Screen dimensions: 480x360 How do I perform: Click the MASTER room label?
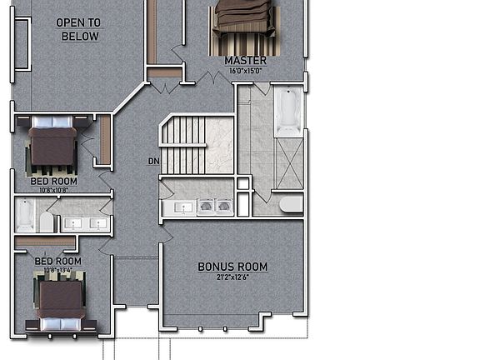[246, 61]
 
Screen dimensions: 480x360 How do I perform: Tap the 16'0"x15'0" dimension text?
[246, 71]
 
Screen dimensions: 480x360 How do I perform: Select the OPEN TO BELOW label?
[79, 29]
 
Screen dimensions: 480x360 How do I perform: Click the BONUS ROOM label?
[232, 267]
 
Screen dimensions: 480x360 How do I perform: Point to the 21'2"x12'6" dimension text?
[232, 277]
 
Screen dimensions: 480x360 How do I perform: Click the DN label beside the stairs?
[153, 161]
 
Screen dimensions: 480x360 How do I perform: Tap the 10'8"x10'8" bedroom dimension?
[53, 190]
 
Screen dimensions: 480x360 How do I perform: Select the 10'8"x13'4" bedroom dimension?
[57, 270]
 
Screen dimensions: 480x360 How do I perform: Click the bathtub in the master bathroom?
[288, 111]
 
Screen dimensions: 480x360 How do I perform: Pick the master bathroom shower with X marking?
[289, 163]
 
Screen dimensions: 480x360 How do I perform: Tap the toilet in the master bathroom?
[291, 204]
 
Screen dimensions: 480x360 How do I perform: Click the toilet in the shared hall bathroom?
[47, 222]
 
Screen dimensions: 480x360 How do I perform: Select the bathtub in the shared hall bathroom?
[24, 214]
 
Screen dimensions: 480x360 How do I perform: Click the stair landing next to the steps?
[219, 145]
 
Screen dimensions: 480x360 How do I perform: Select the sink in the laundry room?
[183, 207]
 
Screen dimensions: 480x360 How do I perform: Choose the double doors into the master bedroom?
[213, 77]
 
